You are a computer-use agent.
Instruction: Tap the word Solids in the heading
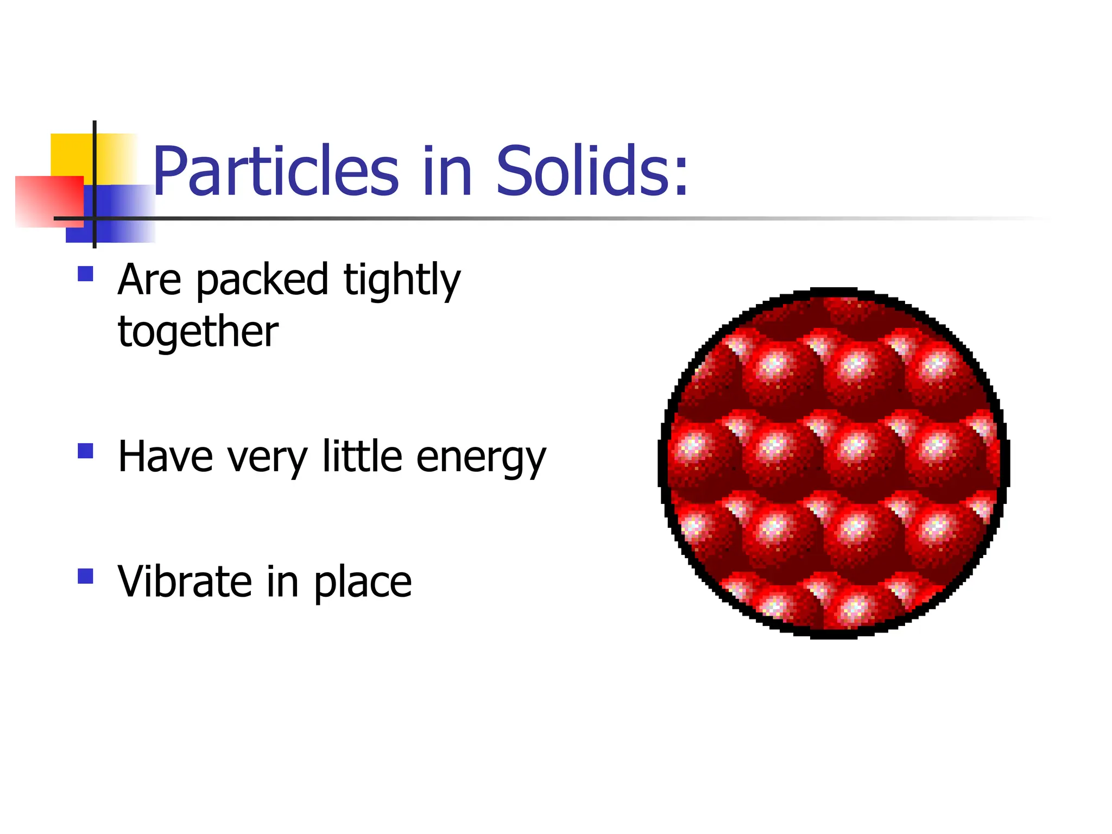tap(583, 171)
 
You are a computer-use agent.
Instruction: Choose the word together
tap(198, 332)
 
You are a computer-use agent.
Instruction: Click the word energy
tap(481, 458)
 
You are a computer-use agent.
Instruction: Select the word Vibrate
tap(184, 582)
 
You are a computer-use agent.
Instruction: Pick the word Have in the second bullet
tap(166, 457)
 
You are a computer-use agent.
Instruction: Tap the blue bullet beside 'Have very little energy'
tap(86, 451)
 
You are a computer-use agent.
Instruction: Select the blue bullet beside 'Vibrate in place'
tap(86, 576)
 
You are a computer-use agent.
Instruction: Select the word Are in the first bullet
tap(149, 280)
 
